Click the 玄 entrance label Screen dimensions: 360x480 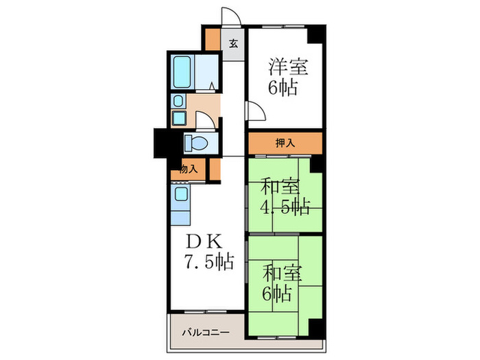[233, 45]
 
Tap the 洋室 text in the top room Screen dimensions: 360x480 [287, 68]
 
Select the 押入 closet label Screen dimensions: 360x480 [285, 143]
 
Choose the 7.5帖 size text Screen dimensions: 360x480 [208, 261]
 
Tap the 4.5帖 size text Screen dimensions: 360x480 [285, 206]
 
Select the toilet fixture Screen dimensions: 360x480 [197, 143]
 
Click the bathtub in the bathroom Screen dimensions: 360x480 [184, 70]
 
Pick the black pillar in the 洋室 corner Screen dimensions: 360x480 [317, 32]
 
